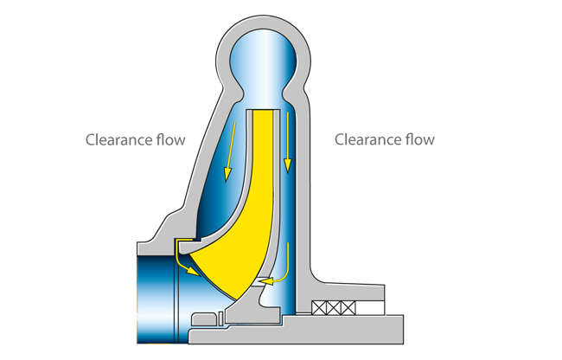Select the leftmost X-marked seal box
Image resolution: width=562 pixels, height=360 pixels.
(322, 307)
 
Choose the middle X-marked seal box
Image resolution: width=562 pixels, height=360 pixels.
(337, 307)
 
